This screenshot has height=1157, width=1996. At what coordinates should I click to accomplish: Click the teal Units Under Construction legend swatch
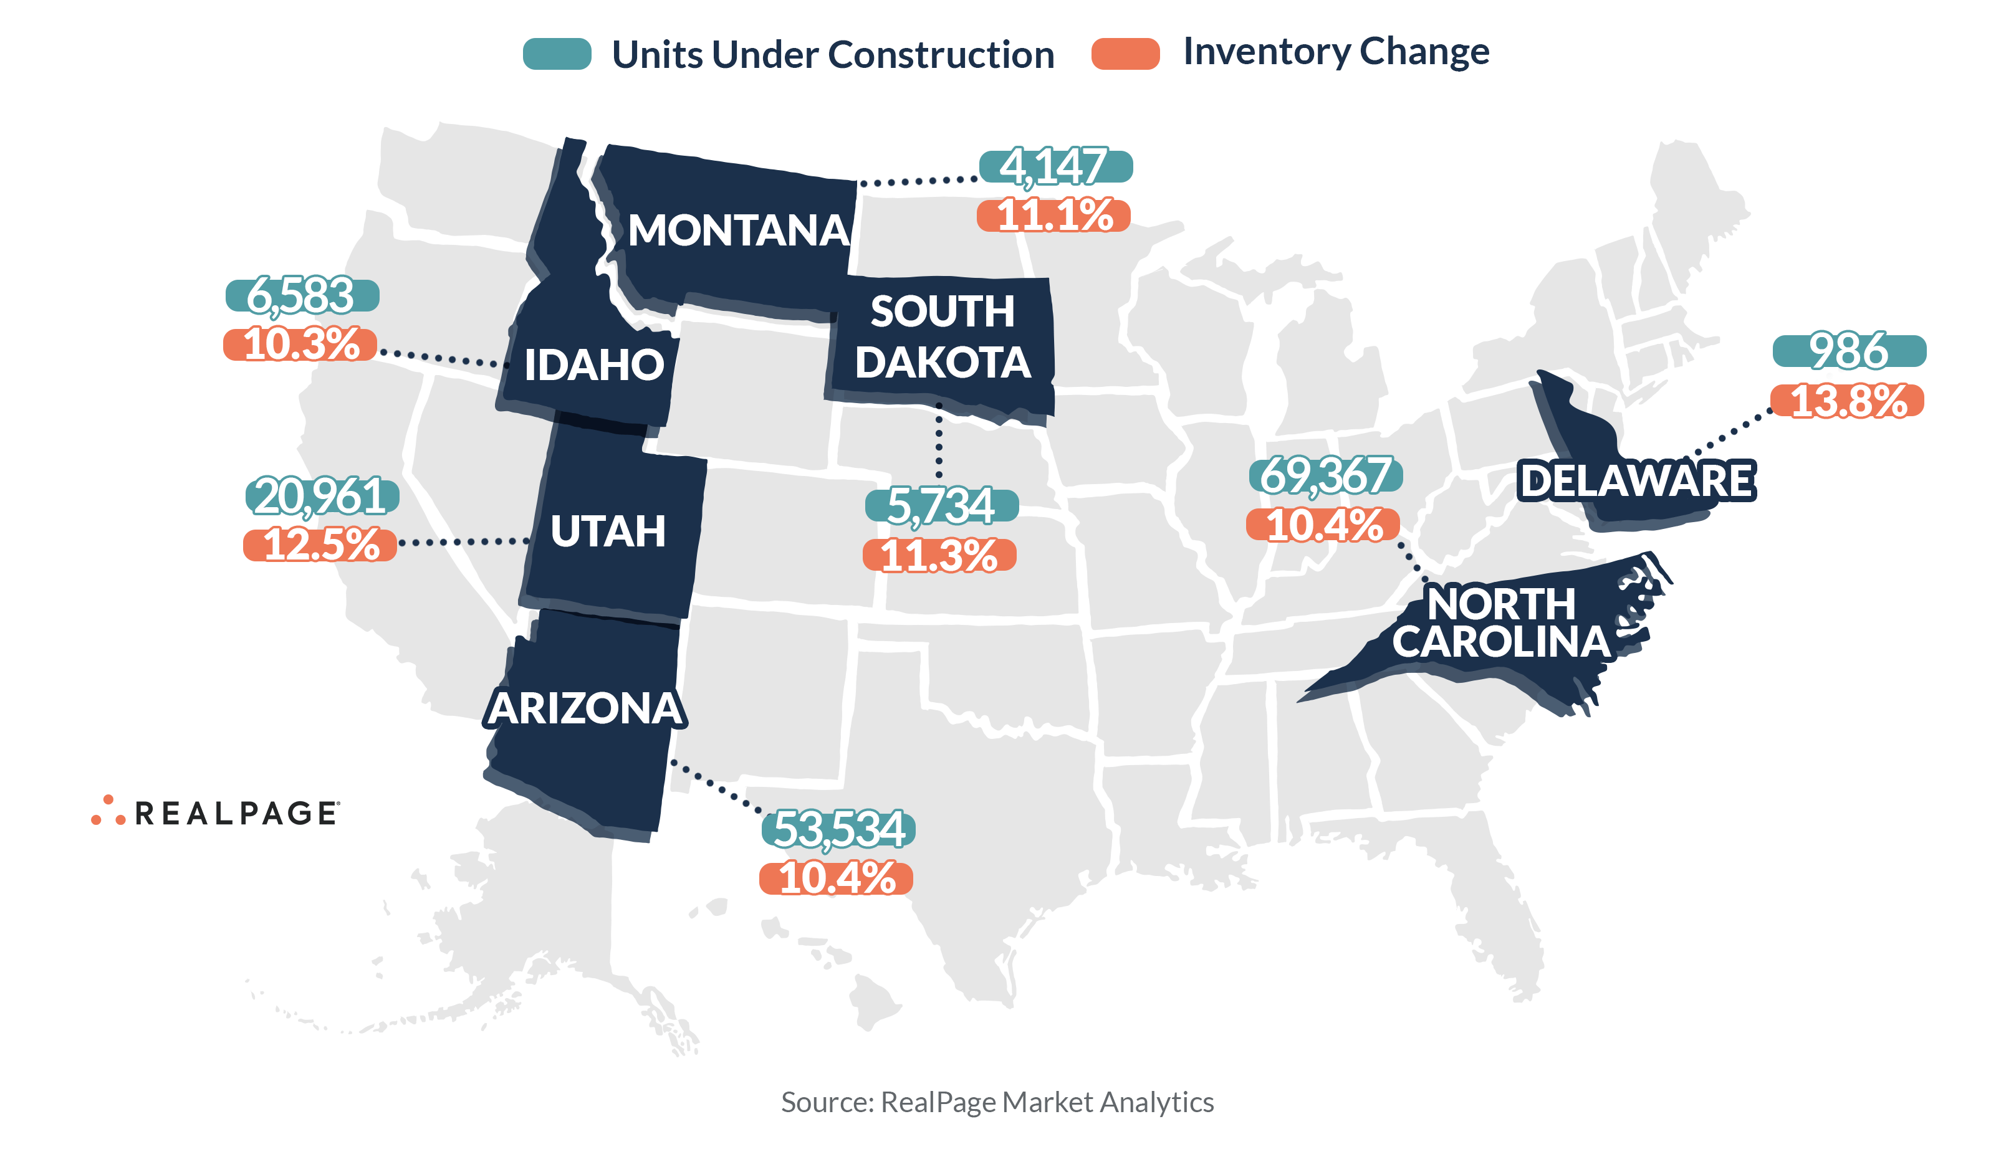557,54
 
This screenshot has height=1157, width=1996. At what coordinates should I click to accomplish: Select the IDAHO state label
594,364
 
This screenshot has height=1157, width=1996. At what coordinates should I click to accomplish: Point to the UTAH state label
608,531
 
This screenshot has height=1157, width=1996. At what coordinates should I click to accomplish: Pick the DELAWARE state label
1636,481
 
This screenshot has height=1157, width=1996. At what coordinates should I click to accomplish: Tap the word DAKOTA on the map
943,363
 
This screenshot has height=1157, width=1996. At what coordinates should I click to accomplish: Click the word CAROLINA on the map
1501,642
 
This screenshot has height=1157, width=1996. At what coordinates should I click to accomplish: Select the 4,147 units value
1055,166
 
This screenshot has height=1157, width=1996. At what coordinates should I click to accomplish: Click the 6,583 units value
302,295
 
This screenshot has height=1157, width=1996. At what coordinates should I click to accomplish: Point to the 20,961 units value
322,497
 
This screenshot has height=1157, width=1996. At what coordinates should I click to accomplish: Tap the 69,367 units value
1325,475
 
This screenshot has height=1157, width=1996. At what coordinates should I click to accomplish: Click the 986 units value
1849,351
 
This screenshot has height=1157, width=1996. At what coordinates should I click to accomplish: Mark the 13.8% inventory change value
1847,401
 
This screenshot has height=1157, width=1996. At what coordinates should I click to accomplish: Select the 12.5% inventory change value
320,545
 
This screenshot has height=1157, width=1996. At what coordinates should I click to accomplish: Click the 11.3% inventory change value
939,555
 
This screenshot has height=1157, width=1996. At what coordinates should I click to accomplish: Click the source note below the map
997,1102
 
